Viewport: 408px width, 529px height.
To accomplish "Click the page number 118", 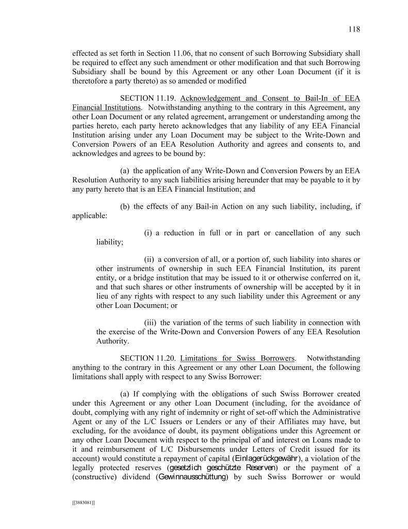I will [x=354, y=29].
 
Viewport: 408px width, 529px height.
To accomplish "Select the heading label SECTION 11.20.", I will [x=149, y=357].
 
